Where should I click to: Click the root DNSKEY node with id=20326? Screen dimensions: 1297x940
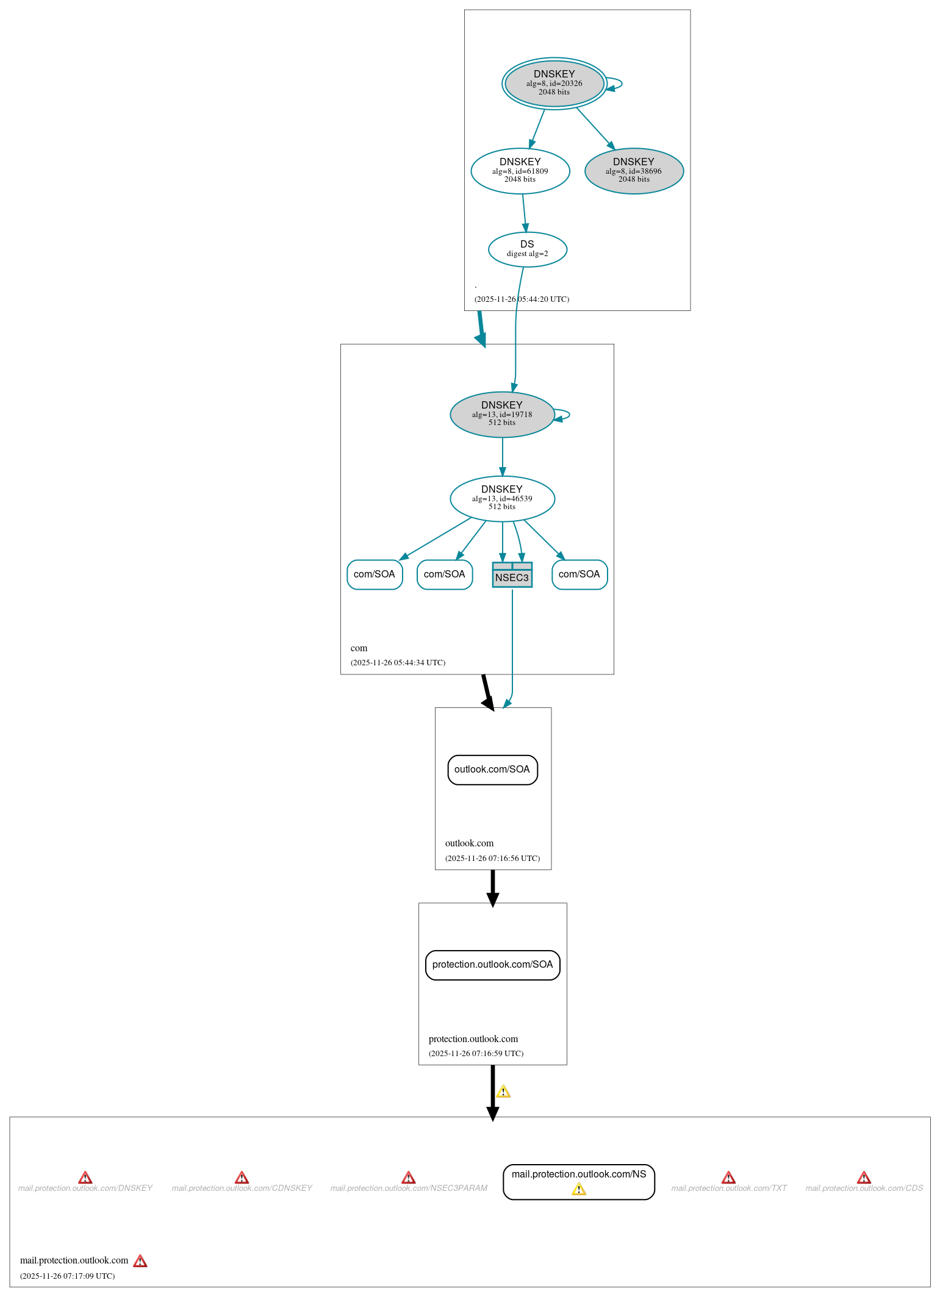pos(554,84)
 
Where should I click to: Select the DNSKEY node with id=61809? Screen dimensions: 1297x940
pos(520,171)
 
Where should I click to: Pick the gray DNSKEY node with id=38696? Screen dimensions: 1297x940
pos(633,171)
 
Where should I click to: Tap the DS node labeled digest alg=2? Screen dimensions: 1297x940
pos(527,249)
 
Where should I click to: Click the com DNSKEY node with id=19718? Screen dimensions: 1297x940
pos(501,414)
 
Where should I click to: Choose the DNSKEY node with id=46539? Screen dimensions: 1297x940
pos(501,498)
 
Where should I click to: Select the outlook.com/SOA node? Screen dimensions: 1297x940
pos(492,770)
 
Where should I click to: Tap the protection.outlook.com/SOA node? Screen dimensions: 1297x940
pos(492,965)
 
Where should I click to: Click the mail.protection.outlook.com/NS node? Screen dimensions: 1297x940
pos(578,1174)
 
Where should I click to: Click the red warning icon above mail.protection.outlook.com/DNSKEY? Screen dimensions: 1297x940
pos(85,1177)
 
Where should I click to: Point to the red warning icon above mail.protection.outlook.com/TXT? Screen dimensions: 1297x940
pos(728,1177)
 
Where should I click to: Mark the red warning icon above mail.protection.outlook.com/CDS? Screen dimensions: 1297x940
pos(864,1177)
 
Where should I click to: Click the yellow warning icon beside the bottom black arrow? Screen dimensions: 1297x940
pos(503,1092)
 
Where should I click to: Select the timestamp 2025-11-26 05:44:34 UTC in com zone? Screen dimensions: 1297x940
pos(398,663)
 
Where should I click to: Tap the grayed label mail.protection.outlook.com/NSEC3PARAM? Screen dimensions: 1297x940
pos(409,1188)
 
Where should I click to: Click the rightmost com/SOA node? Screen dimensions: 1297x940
pos(579,574)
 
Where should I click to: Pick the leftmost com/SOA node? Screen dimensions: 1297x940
pos(374,574)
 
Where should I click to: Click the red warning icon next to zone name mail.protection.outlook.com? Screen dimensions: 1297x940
pos(140,1261)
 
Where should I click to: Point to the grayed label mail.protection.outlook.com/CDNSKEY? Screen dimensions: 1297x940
pos(242,1188)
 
